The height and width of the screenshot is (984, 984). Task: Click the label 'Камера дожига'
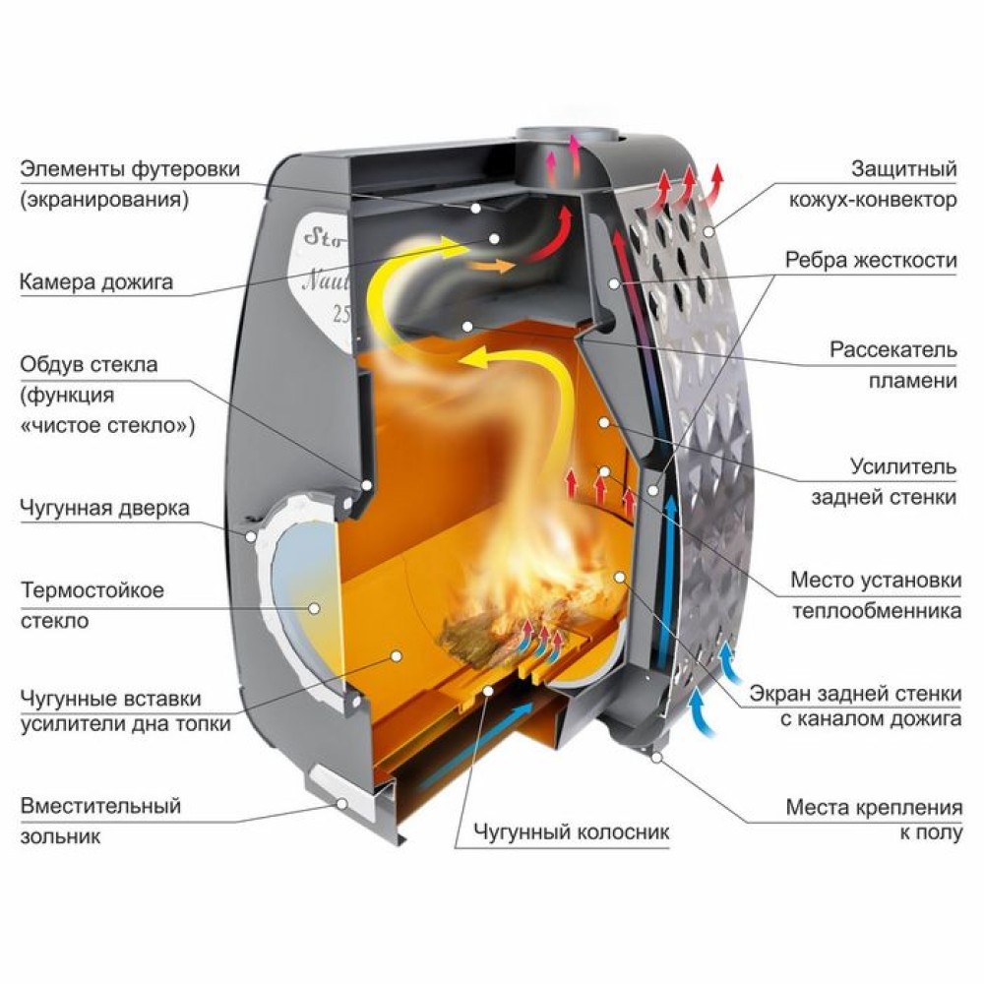96,282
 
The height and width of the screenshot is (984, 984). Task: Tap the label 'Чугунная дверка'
104,509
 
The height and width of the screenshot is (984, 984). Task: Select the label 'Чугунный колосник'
571,832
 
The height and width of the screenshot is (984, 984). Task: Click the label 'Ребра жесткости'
871,261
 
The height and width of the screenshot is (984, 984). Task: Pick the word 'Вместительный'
100,806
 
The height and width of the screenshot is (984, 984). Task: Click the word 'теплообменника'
882,611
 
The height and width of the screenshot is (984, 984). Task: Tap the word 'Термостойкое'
92,591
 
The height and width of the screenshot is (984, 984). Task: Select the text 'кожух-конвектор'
872,200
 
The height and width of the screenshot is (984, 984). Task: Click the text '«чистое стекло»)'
107,426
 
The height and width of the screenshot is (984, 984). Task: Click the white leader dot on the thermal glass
314,608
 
